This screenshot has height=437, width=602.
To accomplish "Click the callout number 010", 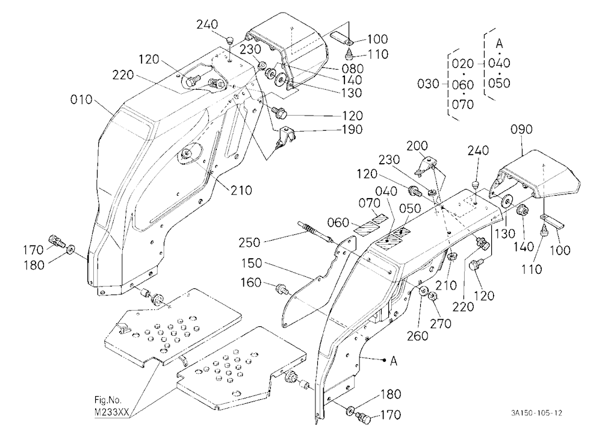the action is point(81,100).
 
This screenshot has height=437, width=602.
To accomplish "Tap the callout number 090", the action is point(522,129).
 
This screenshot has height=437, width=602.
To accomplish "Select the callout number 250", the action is point(249,243).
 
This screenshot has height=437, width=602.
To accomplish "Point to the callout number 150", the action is point(252,264).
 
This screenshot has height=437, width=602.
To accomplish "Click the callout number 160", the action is point(250,283).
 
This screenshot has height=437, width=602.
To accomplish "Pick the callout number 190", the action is point(352,129).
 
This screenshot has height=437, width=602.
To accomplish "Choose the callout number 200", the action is point(417,146).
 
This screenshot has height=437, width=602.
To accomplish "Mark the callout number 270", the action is point(441,324).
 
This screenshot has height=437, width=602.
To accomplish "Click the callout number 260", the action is point(418,336).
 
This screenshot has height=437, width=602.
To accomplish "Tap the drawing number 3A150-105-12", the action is point(536,413).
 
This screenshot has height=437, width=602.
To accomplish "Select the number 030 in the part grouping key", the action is point(428,84).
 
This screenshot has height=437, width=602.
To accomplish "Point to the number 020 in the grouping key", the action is point(462,63).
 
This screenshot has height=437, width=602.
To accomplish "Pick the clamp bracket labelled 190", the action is point(286,136).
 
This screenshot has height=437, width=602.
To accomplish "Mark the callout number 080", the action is point(352,69).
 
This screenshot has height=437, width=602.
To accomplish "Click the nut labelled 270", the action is point(432,296).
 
